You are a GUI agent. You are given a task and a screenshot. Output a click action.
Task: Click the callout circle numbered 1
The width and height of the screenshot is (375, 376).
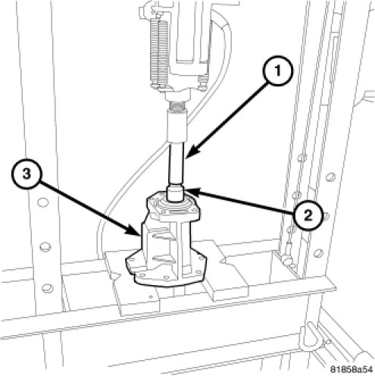(x=277, y=70)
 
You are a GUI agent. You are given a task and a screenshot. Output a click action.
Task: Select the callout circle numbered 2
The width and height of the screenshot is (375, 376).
(x=308, y=215)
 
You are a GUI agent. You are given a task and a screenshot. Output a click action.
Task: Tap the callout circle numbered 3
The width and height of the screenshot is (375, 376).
(x=27, y=174)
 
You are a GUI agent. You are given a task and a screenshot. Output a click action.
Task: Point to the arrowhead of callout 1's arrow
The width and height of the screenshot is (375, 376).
(x=190, y=155)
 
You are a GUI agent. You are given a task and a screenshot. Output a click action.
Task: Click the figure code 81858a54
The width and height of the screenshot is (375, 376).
(x=352, y=369)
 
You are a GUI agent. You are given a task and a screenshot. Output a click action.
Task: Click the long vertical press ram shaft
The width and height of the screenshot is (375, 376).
(x=177, y=163)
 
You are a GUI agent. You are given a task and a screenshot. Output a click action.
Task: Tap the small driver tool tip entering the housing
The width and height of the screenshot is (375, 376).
(x=175, y=194)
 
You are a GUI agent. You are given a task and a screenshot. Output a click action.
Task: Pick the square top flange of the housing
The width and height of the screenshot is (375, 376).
(x=173, y=206)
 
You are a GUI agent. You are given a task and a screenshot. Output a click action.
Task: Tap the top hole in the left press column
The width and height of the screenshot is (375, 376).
(x=42, y=203)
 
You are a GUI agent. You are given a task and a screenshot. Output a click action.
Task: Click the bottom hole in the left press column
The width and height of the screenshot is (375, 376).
(x=48, y=289)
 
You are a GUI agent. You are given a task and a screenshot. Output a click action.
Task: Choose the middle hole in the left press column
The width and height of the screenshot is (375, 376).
(x=45, y=246)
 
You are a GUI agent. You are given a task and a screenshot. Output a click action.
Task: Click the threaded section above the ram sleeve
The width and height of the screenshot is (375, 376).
(x=177, y=105)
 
